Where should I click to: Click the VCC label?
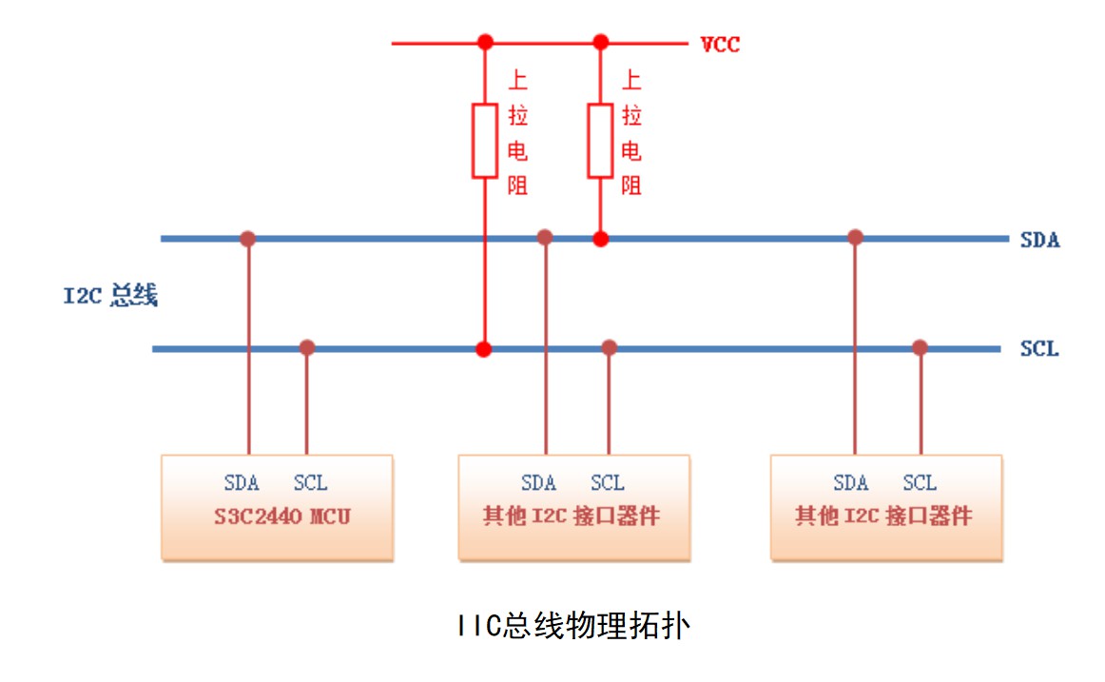[x=720, y=45]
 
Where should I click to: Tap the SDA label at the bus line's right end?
[x=1039, y=240]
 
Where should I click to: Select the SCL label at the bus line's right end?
[x=1039, y=349]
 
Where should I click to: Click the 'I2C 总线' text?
[x=110, y=296]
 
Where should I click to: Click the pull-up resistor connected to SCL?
[x=485, y=141]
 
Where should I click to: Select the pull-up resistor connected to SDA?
[x=599, y=141]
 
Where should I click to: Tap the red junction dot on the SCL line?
[x=485, y=349]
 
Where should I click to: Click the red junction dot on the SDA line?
[x=599, y=238]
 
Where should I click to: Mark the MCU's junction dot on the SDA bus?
[x=248, y=238]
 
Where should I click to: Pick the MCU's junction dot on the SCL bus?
[x=306, y=348]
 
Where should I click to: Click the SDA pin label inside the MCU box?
[x=242, y=483]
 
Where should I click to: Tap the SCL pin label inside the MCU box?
[x=310, y=483]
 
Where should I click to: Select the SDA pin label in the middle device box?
[x=538, y=483]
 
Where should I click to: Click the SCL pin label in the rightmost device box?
[x=919, y=483]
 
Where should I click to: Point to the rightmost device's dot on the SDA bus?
[x=855, y=237]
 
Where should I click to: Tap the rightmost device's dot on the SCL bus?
[x=920, y=348]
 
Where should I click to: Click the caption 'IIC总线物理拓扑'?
[x=571, y=627]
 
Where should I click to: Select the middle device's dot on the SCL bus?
[x=610, y=348]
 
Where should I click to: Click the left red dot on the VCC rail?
[x=485, y=42]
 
